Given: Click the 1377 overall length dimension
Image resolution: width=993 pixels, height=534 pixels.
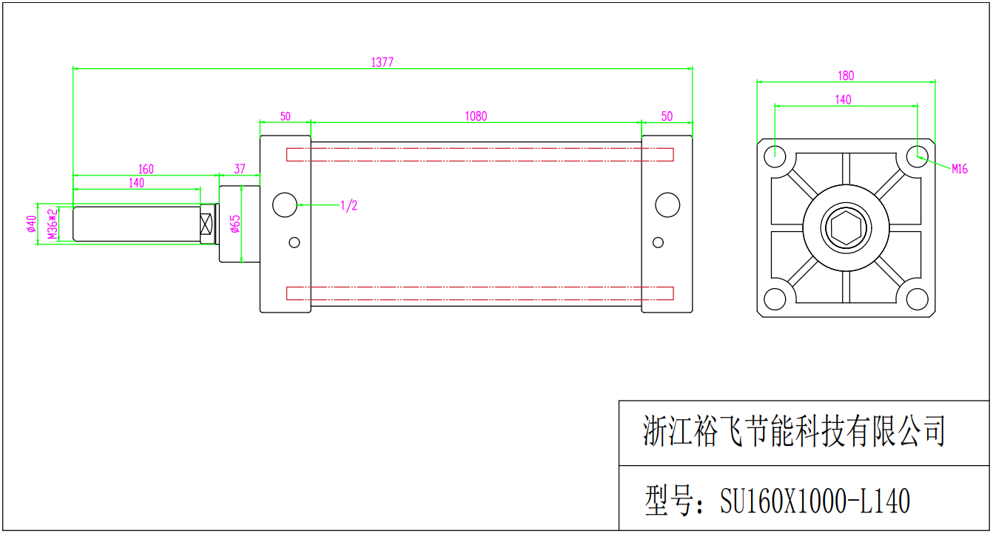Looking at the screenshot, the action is click(382, 62).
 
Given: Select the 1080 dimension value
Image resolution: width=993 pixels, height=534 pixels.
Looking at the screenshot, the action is click(476, 116).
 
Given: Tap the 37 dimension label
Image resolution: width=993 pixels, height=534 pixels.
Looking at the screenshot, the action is click(240, 169).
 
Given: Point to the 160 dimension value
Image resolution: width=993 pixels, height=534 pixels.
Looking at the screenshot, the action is click(146, 169).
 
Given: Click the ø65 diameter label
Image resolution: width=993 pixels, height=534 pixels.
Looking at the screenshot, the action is click(235, 224).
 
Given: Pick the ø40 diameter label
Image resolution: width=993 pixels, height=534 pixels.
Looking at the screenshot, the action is click(31, 224).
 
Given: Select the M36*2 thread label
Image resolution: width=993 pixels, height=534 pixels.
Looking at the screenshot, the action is click(53, 224).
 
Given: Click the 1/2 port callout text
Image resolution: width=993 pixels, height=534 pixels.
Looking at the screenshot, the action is click(349, 205).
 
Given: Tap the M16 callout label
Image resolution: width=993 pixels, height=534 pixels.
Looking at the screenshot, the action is click(959, 169).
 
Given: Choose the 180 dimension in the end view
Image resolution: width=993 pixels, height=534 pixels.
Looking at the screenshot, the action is click(846, 76).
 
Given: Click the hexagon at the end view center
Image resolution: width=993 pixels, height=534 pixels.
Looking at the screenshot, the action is click(846, 228).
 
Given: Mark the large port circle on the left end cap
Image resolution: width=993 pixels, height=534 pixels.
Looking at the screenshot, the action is click(285, 204).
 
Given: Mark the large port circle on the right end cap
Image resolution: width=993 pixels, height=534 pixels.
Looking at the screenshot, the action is click(667, 204).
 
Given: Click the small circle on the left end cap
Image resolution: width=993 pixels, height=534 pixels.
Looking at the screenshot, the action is click(294, 242).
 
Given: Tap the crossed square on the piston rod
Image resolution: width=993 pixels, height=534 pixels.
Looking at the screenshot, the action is click(206, 224).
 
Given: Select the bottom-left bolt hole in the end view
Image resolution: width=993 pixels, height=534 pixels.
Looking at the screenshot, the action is click(775, 298).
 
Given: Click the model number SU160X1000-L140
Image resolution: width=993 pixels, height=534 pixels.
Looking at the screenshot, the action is click(815, 501).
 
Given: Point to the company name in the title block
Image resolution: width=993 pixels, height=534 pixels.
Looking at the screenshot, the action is click(793, 430).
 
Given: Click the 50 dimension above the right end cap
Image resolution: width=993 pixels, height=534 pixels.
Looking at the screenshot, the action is click(667, 116).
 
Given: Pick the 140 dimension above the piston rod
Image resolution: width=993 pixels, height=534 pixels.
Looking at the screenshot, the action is click(137, 183).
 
